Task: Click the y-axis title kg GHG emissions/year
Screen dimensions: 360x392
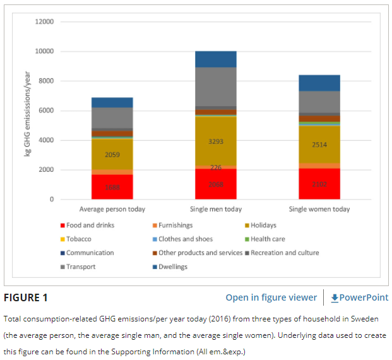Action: [x=28, y=111]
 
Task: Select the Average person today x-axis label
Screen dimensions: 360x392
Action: [x=112, y=209]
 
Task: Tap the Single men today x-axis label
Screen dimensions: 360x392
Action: [x=216, y=209]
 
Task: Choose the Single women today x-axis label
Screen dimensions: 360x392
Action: [x=319, y=209]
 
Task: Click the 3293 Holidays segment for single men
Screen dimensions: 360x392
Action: [x=216, y=141]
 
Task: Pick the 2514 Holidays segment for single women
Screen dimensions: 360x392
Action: [x=319, y=145]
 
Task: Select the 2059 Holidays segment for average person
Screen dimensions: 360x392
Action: [x=112, y=154]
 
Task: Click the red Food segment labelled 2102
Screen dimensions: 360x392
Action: [x=319, y=184]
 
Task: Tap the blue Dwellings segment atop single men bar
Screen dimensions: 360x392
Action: [x=216, y=59]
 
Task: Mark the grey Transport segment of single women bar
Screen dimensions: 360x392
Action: [x=319, y=102]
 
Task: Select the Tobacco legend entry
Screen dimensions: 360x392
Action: [x=78, y=239]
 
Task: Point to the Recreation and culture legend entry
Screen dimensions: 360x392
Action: [x=284, y=253]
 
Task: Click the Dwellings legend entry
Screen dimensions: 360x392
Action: [x=172, y=267]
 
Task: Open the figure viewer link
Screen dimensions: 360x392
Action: [x=271, y=297]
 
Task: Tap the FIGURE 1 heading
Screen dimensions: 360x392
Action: [x=26, y=297]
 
